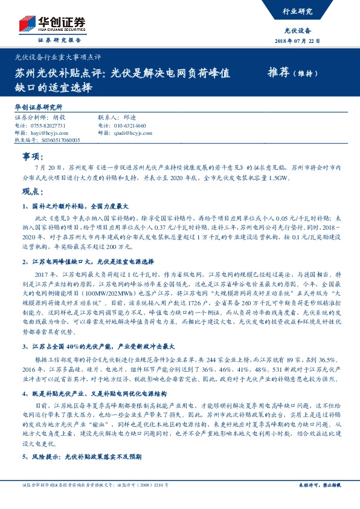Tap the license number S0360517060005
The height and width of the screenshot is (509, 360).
point(54,139)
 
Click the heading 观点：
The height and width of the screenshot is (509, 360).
point(31,192)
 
